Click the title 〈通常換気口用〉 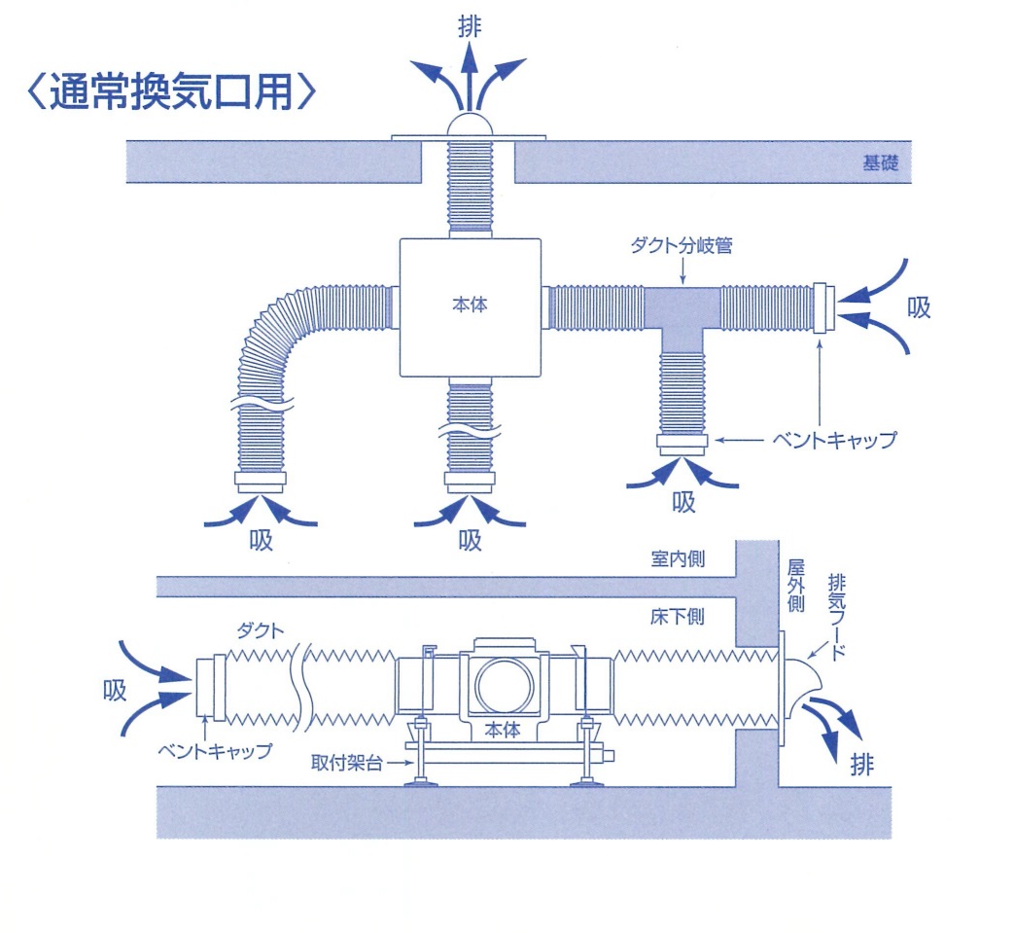click(171, 91)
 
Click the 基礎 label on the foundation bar click(881, 162)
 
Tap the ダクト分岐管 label click(682, 245)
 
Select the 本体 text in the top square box click(470, 305)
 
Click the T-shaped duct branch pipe click(682, 317)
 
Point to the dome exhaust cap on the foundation click(470, 126)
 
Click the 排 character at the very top click(470, 26)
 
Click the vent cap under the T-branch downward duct click(682, 445)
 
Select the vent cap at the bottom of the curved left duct click(261, 482)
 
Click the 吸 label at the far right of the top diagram click(919, 307)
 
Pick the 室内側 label click(678, 558)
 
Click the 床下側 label click(678, 616)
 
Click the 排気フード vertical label click(837, 616)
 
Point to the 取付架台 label click(347, 763)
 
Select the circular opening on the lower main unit click(505, 686)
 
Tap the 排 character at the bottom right click(862, 766)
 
